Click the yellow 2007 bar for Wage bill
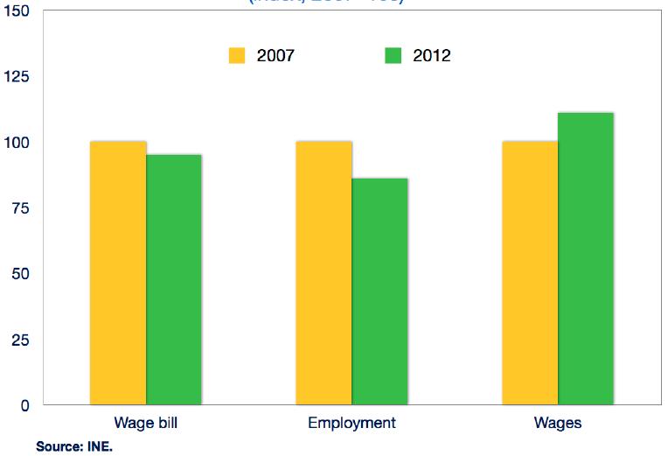click(118, 273)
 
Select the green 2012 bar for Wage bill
click(174, 279)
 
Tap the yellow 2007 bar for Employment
click(324, 273)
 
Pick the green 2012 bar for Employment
click(379, 291)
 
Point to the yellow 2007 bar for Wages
click(530, 273)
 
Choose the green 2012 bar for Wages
click(586, 258)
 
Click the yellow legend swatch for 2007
click(237, 56)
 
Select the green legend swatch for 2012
click(393, 56)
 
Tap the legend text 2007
click(275, 56)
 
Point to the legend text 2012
click(432, 56)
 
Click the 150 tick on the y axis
click(17, 11)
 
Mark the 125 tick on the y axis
click(17, 77)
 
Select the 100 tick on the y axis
click(17, 143)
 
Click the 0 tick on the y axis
click(24, 405)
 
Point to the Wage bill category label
click(147, 424)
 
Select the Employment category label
click(351, 424)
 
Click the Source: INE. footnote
click(74, 447)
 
